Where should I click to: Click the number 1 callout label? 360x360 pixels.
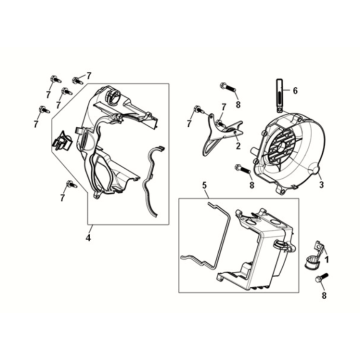pos(327,259)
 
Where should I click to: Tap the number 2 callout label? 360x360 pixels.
pos(238,146)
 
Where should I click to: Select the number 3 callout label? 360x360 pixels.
pos(321,185)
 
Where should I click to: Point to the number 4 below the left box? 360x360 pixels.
pos(88,238)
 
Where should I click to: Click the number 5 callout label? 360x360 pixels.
pos(205,185)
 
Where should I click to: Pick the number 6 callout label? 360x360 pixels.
pos(295,90)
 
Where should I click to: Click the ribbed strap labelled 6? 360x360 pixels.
pos(280,95)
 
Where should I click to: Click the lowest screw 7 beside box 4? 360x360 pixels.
pos(71,183)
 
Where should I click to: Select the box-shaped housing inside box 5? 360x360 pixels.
pos(257,247)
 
